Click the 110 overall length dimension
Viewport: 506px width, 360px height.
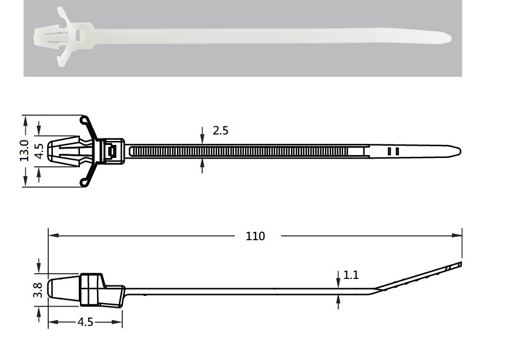pos(255,236)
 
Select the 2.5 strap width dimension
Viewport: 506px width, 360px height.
pos(220,130)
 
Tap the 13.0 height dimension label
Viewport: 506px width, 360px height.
pos(25,150)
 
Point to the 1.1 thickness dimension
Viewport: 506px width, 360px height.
pos(351,275)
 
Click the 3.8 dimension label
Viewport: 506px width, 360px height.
pos(38,290)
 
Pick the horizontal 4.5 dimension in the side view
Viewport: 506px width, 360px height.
pos(85,322)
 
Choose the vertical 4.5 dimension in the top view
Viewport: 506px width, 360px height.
pos(39,151)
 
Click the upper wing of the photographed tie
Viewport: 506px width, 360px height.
pos(65,16)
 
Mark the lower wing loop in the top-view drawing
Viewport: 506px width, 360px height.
pos(83,182)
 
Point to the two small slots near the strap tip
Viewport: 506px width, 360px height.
pos(393,152)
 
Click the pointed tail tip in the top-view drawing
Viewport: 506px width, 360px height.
pos(460,152)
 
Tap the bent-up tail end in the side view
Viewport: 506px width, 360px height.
pos(459,264)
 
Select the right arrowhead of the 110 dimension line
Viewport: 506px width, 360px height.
pos(457,235)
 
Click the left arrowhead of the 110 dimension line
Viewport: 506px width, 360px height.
pos(53,235)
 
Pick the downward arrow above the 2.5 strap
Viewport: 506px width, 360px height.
pos(202,136)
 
